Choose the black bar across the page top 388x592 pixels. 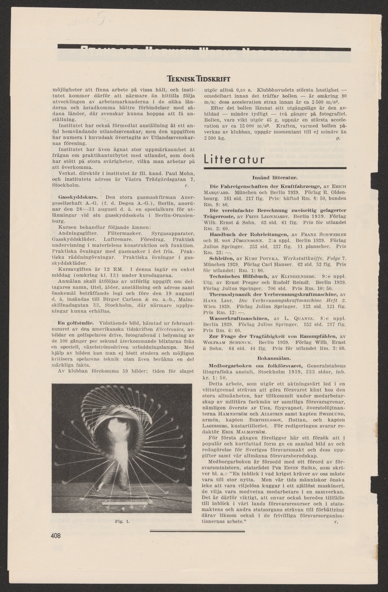204,47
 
